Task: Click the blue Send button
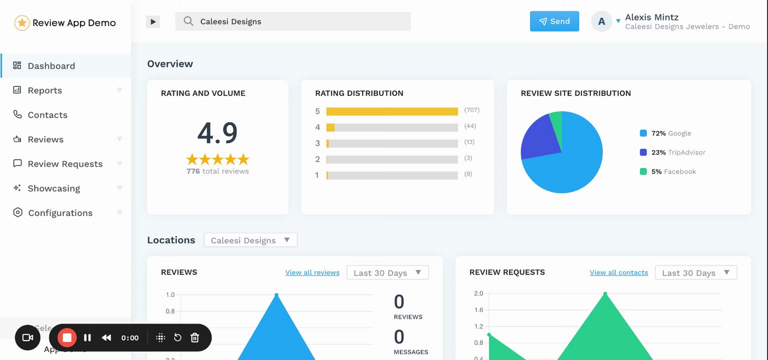point(554,21)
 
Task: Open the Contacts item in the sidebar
point(47,115)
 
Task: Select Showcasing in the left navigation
point(53,188)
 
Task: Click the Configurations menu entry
point(60,213)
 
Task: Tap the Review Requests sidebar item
point(65,164)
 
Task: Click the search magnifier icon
point(188,21)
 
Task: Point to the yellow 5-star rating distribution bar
point(392,111)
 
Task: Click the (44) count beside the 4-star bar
point(470,126)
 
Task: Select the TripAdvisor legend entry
point(672,152)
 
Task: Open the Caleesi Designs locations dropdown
point(250,240)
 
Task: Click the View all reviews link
point(312,272)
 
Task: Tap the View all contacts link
point(618,272)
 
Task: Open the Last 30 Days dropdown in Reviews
point(387,272)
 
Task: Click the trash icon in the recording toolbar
point(195,338)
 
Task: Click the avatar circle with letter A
point(601,21)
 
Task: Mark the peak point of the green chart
point(605,293)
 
